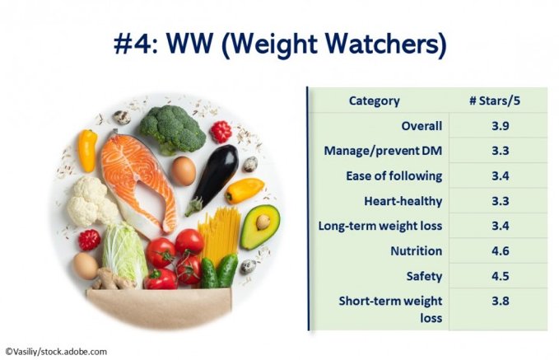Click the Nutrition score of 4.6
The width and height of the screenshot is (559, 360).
(501, 250)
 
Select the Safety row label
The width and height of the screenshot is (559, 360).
(424, 276)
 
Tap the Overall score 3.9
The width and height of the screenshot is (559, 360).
(501, 126)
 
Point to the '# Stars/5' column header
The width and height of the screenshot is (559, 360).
(495, 101)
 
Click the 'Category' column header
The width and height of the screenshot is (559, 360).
(375, 101)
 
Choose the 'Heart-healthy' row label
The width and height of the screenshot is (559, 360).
(403, 201)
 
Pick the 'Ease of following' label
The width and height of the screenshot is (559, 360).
(394, 176)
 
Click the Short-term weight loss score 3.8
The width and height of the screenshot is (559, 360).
(501, 301)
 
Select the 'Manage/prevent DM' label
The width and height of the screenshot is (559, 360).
(383, 151)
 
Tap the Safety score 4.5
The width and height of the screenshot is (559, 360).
(501, 276)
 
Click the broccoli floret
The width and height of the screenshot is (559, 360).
(173, 129)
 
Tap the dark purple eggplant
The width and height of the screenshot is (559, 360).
(213, 179)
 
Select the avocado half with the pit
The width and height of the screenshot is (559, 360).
(260, 227)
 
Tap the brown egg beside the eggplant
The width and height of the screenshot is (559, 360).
(184, 171)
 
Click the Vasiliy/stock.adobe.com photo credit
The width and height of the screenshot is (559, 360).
(56, 352)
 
